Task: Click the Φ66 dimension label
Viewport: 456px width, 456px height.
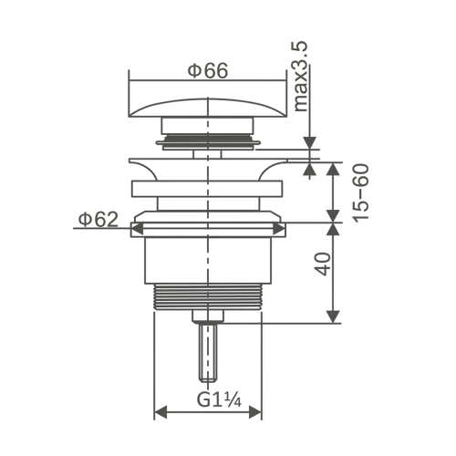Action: point(208,71)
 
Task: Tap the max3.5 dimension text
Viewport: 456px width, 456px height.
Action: point(301,77)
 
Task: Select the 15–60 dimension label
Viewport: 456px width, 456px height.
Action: point(360,193)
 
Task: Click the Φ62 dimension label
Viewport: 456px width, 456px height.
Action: point(98,220)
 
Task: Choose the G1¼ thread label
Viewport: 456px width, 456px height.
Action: point(219,399)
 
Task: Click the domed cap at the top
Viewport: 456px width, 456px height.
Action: point(208,108)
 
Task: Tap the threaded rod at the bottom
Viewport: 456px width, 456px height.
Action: point(208,352)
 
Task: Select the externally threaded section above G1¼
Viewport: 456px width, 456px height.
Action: point(208,297)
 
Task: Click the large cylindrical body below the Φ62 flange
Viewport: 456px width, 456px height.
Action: point(208,260)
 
